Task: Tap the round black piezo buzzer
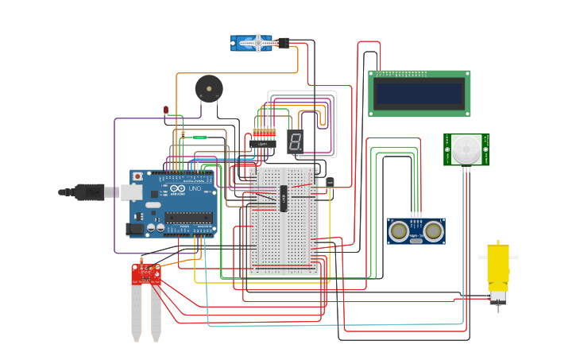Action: (209, 88)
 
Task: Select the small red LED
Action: (166, 110)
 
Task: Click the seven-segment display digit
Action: (295, 142)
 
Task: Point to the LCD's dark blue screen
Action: (419, 93)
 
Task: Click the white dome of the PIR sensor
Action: (466, 149)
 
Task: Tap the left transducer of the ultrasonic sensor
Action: (400, 230)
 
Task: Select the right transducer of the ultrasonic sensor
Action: (433, 230)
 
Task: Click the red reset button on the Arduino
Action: (137, 176)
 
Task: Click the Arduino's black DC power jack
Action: (134, 229)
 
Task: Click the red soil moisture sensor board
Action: (145, 274)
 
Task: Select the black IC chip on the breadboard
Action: (284, 198)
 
